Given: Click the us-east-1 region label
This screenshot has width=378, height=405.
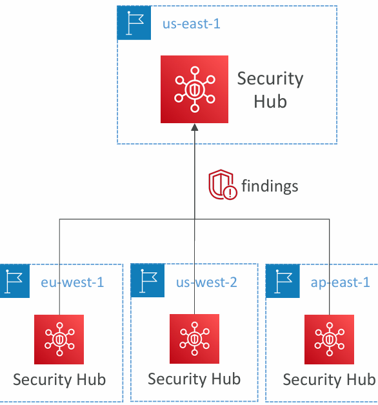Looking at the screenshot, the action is (191, 24).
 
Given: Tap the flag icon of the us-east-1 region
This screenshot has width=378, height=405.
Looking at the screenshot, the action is (134, 23).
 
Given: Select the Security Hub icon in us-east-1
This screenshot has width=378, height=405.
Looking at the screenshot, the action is (194, 89).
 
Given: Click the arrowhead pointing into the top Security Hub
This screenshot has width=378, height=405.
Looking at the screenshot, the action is (195, 127).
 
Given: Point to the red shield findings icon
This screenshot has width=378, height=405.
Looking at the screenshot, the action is (223, 184).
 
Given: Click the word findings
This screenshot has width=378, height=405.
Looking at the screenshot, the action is (270, 186).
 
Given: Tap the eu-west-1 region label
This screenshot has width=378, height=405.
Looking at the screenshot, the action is (72, 282).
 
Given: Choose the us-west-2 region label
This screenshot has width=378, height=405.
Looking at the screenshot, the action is (206, 282).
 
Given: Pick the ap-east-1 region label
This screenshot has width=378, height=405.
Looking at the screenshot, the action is (341, 282).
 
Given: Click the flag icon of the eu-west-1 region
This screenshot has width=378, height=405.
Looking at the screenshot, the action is (14, 281).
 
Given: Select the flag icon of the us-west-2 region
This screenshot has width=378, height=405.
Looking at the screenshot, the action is (148, 281).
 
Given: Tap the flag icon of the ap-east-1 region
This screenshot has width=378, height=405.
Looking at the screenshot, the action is (283, 281).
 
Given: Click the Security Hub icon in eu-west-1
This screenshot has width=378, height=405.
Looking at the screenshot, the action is (59, 339).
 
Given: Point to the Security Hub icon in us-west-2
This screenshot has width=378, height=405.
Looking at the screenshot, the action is (194, 339).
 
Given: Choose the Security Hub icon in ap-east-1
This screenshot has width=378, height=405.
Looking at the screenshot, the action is (329, 339).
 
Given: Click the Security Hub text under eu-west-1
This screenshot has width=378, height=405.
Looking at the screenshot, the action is (59, 380).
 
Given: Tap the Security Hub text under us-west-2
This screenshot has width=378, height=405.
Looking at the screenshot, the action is (194, 379).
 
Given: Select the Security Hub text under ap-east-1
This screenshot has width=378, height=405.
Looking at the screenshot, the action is (330, 380).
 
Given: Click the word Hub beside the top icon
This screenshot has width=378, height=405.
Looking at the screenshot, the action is (270, 101).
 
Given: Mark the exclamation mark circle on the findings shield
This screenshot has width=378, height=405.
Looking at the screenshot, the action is (230, 192).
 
